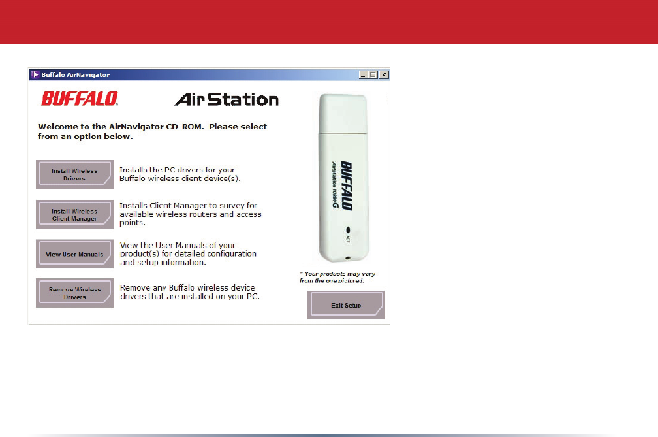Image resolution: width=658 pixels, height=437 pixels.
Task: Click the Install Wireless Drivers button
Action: point(74,174)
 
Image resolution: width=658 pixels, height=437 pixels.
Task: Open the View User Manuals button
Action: point(74,254)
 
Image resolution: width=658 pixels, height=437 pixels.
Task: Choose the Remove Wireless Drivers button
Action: point(74,293)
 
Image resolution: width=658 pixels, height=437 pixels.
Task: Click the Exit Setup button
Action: point(346,305)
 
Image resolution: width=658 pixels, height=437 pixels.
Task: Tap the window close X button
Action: point(384,74)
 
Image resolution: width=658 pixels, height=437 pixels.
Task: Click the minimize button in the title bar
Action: point(364,74)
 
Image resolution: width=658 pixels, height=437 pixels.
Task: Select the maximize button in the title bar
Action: point(373,74)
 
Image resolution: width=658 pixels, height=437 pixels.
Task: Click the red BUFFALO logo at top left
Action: point(80,99)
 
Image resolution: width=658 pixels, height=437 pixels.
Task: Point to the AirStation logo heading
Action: point(226,99)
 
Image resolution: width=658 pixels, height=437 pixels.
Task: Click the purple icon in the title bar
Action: point(35,74)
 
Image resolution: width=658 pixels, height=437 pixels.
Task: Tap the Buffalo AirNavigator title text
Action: point(76,74)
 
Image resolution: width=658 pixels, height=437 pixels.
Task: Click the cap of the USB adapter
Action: point(343,114)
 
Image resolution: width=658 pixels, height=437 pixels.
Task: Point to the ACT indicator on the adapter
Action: point(348,235)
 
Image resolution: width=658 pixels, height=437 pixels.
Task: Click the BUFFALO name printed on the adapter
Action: point(347,185)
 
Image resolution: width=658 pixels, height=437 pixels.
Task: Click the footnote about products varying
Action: point(337,277)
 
